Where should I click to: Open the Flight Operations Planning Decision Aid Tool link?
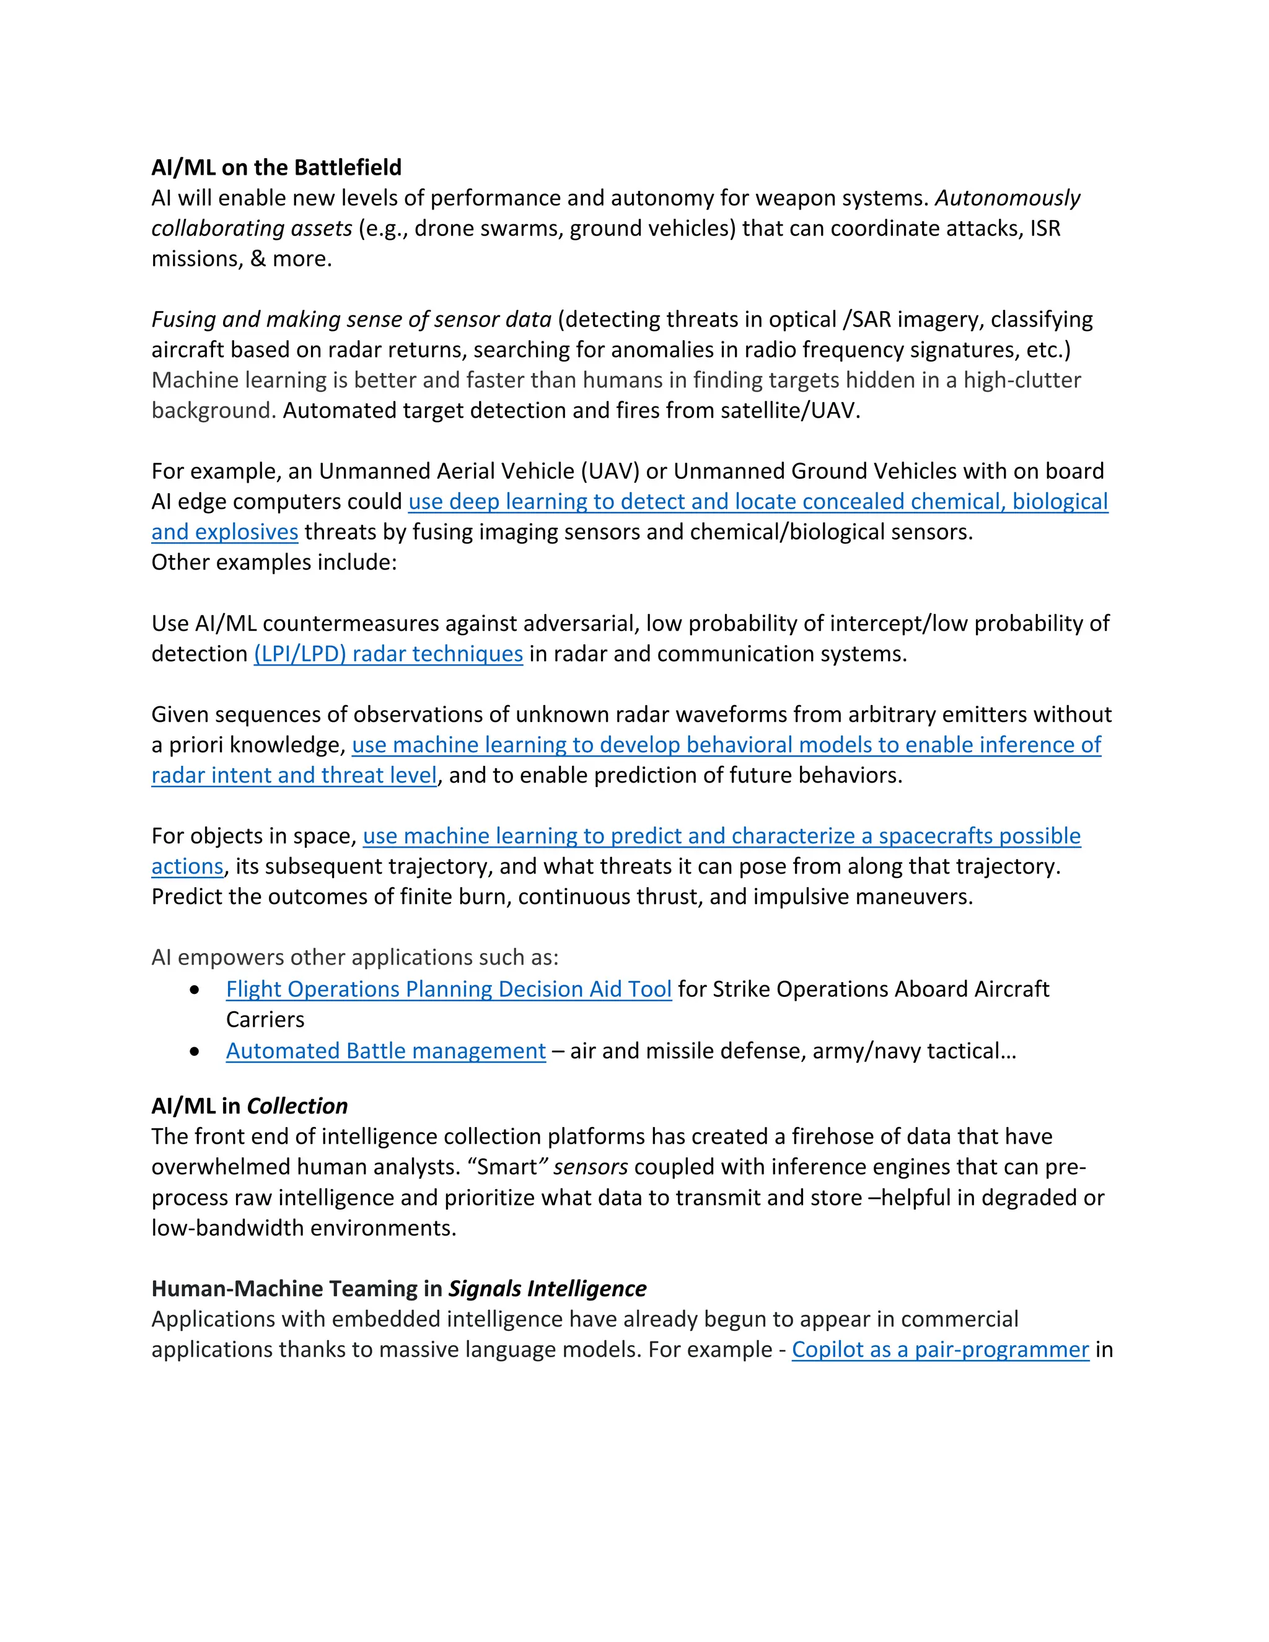coord(448,989)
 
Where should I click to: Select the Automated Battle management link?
coord(385,1050)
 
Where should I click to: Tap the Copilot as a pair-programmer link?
coord(940,1349)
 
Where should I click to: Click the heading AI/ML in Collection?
coord(249,1106)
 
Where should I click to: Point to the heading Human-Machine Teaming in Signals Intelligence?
coord(398,1289)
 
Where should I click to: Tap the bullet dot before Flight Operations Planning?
coord(195,990)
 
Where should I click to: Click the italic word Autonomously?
coord(1008,198)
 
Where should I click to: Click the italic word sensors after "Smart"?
coord(590,1167)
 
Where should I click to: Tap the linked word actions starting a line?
coord(187,866)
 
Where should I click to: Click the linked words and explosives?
coord(224,532)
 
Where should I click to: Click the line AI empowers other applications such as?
coord(355,957)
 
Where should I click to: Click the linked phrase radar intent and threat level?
coord(293,775)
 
